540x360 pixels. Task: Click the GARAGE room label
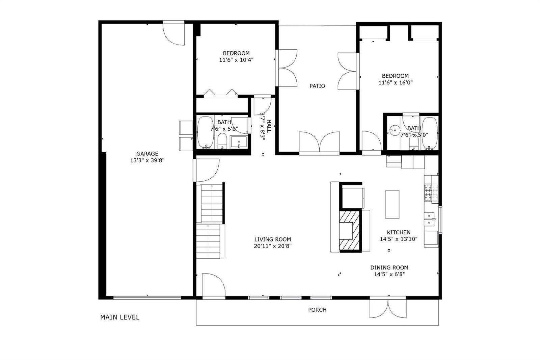147,153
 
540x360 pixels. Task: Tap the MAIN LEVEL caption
120,317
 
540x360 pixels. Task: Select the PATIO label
317,86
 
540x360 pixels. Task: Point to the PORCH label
317,310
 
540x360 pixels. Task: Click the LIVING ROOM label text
273,239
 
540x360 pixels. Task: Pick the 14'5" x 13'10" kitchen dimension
399,239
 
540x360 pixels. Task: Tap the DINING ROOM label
389,267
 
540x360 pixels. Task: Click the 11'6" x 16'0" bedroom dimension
395,82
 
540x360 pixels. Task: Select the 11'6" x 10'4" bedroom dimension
236,60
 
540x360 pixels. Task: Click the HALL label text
269,126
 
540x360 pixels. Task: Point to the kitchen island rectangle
392,204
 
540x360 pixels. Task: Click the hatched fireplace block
350,230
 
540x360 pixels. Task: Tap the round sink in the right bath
395,131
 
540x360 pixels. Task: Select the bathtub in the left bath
206,132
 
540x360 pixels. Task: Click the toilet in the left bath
222,141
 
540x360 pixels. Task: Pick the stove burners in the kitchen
428,192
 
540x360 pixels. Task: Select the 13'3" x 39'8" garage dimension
147,160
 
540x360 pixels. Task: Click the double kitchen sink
429,219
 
